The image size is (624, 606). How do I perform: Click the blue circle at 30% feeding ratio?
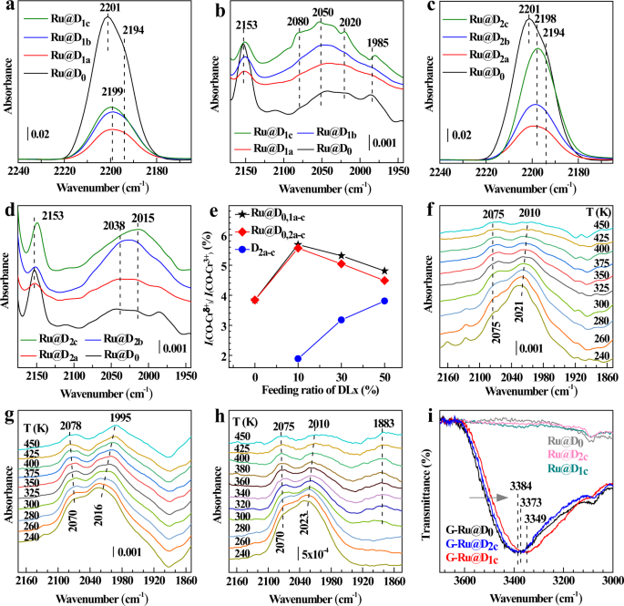342,319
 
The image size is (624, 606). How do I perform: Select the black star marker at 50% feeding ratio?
384,271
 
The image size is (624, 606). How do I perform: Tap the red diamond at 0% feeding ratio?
255,300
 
